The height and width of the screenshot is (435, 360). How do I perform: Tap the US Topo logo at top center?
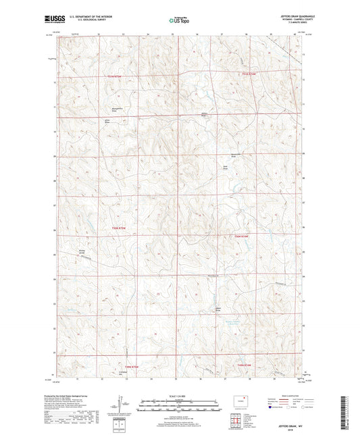(x=178, y=20)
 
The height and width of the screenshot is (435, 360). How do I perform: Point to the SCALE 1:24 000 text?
(x=180, y=396)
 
